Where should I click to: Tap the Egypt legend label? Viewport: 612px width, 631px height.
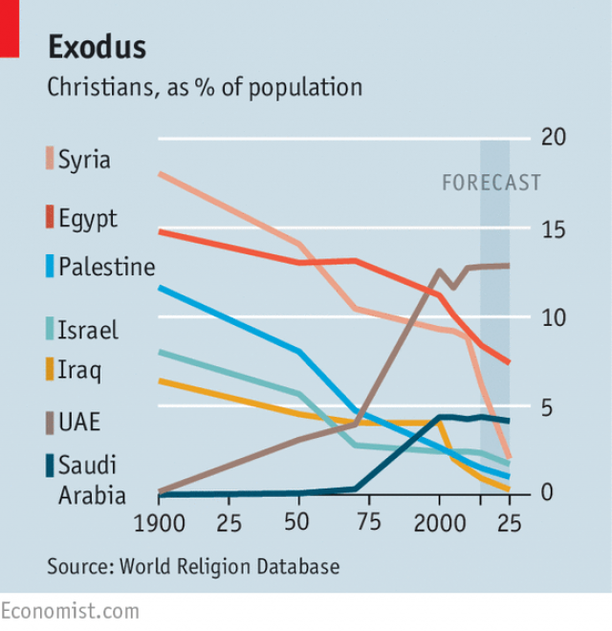(88, 218)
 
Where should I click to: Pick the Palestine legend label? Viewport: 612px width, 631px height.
(106, 266)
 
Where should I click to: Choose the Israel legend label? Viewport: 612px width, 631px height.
(88, 330)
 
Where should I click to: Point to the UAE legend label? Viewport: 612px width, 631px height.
(80, 422)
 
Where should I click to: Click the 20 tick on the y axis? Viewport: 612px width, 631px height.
(553, 138)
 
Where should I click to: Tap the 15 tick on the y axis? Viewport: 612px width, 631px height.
(553, 229)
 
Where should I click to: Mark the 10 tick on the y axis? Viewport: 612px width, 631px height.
(553, 318)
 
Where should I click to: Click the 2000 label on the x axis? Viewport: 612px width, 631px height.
(439, 523)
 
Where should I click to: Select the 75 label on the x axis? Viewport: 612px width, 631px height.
(368, 523)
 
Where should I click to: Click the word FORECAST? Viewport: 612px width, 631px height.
(491, 183)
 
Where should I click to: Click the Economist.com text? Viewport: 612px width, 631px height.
(70, 611)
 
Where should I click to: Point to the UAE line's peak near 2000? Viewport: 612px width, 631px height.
(439, 271)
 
